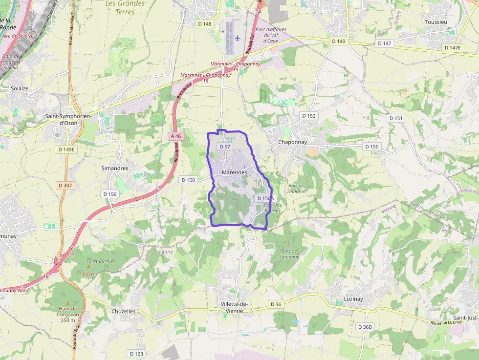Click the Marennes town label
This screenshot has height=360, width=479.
(234, 172)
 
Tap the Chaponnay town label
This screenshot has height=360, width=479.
(292, 142)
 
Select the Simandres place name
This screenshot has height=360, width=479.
(114, 168)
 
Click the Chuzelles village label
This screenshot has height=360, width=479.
(123, 311)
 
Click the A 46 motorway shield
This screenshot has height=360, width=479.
(176, 136)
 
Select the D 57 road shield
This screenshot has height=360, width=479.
(225, 147)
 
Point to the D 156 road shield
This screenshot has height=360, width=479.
(110, 194)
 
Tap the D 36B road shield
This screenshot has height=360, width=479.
(365, 327)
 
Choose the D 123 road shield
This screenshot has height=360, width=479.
(137, 353)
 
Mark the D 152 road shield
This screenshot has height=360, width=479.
(309, 116)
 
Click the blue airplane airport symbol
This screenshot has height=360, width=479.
(238, 38)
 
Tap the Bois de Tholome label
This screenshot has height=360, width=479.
(296, 188)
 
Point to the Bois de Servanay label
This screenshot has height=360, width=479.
(289, 254)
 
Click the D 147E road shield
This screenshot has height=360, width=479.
(452, 48)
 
